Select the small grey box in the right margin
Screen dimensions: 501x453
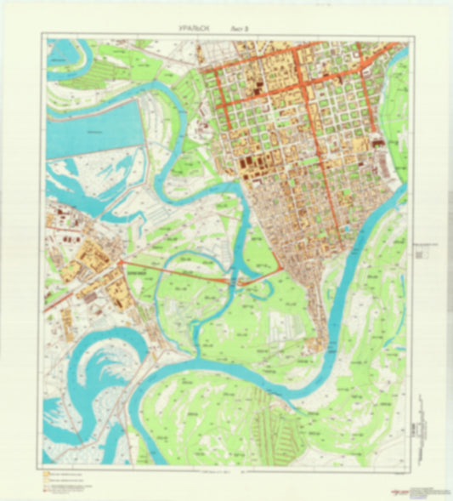coord(422,252)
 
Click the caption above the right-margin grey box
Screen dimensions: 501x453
coord(422,242)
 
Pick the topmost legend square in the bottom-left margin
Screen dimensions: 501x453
coord(42,470)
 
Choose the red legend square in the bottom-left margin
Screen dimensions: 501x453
coord(42,487)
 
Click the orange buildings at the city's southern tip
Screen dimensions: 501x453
coord(318,344)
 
